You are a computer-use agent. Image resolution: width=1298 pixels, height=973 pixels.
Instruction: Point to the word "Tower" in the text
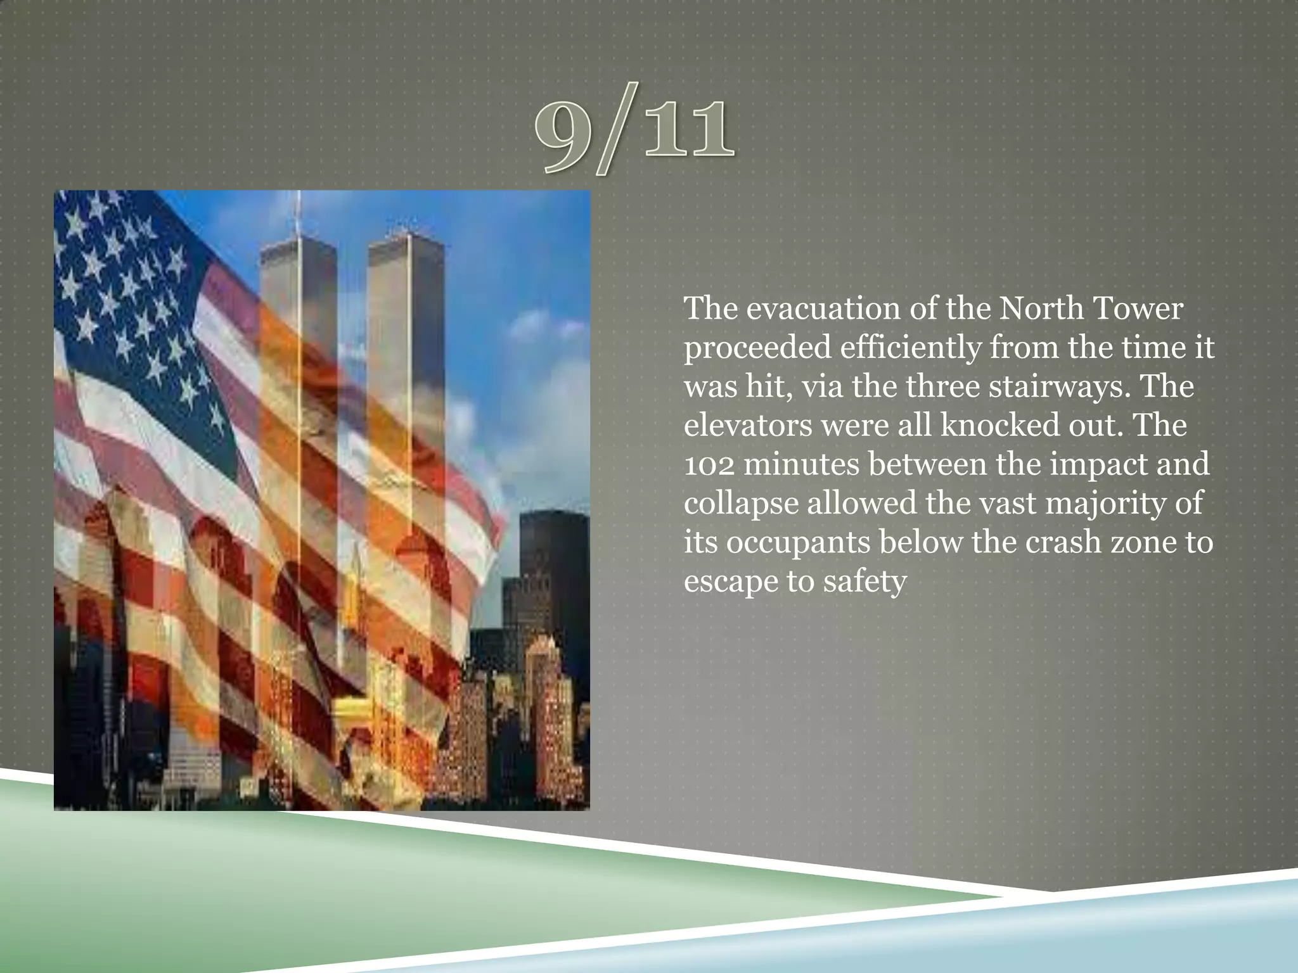[x=1137, y=309]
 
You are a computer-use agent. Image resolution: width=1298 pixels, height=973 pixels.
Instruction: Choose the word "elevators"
[x=747, y=426]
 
